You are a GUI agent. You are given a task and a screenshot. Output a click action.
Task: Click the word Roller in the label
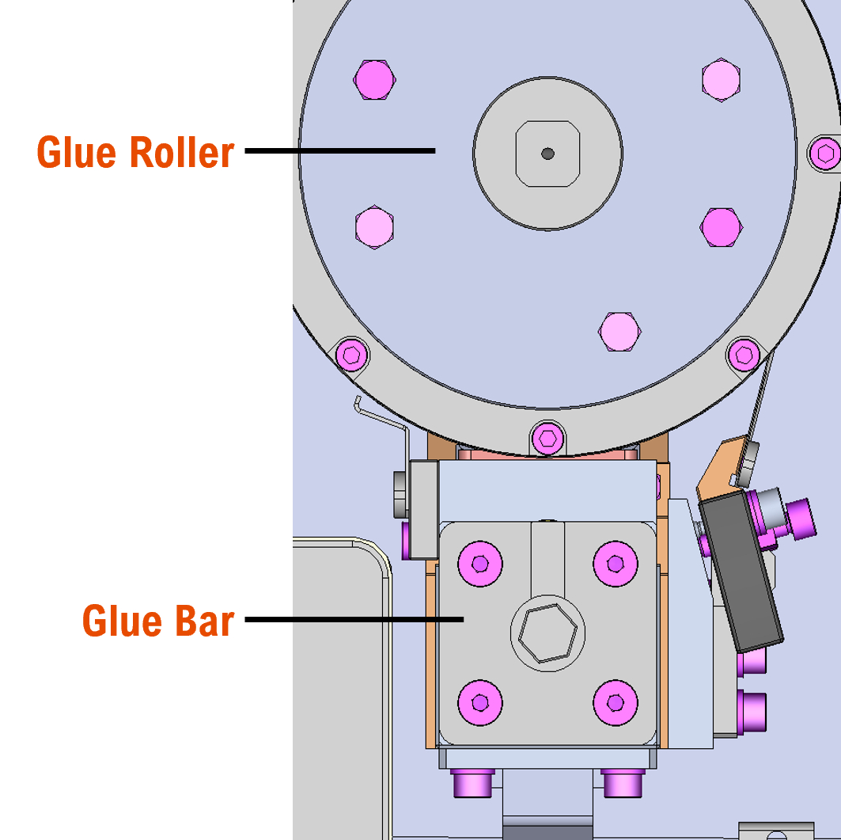[x=182, y=152]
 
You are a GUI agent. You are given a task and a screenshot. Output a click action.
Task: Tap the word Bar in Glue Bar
[x=205, y=621]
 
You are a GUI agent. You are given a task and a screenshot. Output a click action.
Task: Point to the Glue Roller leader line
[x=340, y=150]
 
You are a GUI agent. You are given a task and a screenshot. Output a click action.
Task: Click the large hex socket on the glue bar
[x=547, y=634]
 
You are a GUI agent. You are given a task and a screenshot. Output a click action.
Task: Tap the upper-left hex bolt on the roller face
[x=374, y=79]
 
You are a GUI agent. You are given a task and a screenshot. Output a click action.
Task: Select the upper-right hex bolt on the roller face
[x=721, y=79]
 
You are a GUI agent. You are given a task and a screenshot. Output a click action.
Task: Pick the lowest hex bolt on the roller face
[x=619, y=331]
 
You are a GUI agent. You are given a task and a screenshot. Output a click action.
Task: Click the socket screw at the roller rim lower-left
[x=352, y=354]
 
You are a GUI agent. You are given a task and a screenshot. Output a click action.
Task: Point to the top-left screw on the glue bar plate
[x=480, y=563]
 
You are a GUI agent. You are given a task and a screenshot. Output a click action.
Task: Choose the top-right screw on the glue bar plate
[x=616, y=563]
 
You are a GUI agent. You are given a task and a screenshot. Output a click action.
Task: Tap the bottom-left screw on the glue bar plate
[x=480, y=701]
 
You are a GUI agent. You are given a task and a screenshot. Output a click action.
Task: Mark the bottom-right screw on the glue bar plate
[x=616, y=701]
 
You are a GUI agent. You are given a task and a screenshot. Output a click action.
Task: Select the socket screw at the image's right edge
[x=826, y=152]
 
